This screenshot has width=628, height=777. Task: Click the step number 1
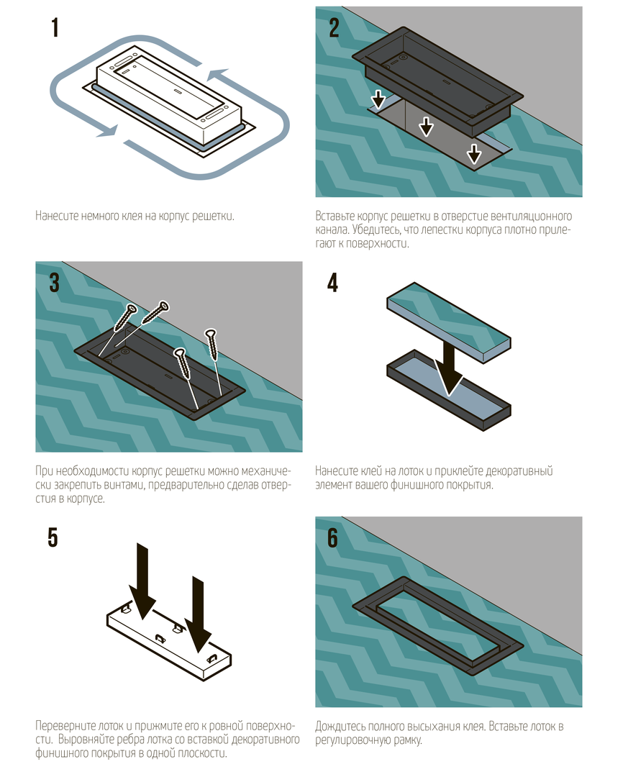coord(55,28)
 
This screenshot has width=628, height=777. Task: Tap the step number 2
coord(334,28)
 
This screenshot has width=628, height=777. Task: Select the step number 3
coord(55,283)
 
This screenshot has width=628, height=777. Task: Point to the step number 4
coord(332,283)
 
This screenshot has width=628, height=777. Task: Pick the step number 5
coord(53,537)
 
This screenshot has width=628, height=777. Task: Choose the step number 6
coord(332,537)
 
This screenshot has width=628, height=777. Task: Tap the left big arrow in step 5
coord(142,581)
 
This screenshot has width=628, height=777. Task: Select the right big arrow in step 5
coord(198,614)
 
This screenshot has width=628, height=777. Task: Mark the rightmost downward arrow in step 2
coord(474,154)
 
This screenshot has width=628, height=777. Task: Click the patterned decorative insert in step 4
coord(449,322)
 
